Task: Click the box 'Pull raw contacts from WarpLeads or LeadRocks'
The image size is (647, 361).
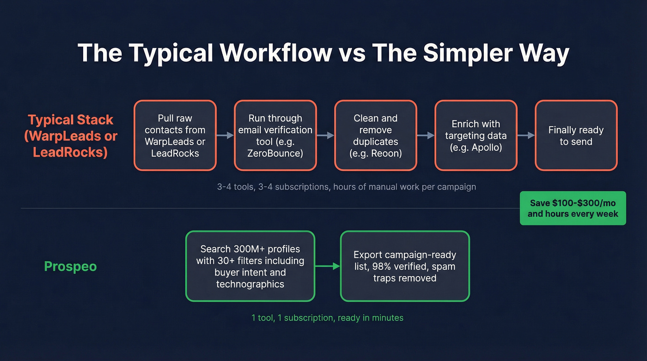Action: [175, 135]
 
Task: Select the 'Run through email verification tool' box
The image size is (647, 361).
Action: [275, 135]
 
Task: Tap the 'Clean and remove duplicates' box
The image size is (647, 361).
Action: [375, 135]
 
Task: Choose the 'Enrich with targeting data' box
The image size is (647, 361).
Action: [476, 135]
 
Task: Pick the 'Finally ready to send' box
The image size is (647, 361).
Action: [576, 135]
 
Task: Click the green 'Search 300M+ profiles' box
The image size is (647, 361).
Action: [250, 266]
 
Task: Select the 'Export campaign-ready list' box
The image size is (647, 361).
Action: [405, 266]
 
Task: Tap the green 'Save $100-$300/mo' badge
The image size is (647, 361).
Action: [573, 208]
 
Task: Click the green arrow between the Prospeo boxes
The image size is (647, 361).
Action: [327, 266]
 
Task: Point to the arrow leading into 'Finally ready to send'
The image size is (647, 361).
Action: [525, 135]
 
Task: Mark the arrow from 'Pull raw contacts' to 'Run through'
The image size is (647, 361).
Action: [225, 135]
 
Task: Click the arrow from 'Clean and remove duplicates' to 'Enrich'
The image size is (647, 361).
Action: [425, 135]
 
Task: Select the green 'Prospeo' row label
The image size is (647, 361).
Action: [70, 266]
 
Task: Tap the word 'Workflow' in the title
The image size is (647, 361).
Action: [275, 53]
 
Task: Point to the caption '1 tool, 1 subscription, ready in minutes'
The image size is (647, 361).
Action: [327, 318]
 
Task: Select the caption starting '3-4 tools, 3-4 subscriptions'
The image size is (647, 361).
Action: [346, 187]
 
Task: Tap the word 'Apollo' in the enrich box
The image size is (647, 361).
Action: [486, 147]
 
